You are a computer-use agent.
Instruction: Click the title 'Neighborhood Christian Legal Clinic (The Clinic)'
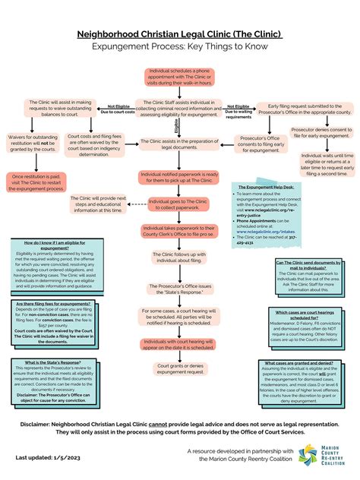180,34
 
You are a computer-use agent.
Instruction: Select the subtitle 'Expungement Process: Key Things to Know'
180,47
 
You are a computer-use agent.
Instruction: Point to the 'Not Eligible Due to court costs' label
119,109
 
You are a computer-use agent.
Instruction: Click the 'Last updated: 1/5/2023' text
53,458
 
